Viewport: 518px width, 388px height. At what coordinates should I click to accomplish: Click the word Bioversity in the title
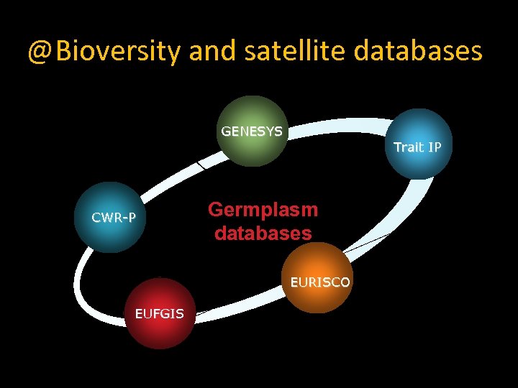tap(118, 51)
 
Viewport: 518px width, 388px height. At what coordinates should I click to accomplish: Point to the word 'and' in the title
tap(212, 51)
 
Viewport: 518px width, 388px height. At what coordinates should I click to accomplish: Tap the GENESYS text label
tap(252, 131)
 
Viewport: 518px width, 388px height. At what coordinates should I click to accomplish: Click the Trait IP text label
tap(417, 147)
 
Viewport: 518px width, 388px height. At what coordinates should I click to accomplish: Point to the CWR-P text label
tap(114, 217)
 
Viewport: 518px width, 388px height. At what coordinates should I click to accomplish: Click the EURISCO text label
tap(320, 282)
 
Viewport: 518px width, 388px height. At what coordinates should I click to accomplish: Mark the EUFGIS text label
tap(160, 313)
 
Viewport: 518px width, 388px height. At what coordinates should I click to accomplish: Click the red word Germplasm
tap(263, 210)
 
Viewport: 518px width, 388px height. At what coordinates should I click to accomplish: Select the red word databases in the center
tap(263, 234)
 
